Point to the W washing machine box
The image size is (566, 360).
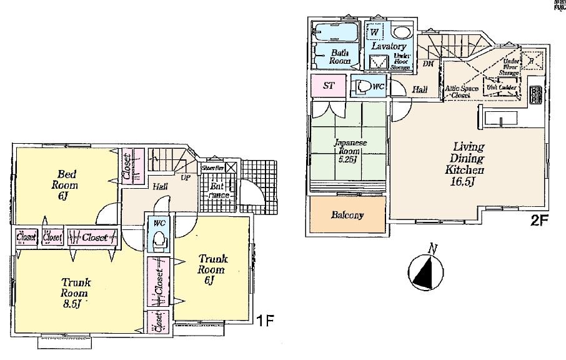tap(375, 31)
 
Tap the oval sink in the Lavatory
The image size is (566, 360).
tap(400, 32)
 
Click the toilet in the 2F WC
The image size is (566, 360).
tap(362, 87)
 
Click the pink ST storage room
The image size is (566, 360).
tap(329, 86)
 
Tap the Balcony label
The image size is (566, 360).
tap(347, 215)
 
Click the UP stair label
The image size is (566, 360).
tap(185, 177)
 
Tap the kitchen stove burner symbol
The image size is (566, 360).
tap(535, 94)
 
